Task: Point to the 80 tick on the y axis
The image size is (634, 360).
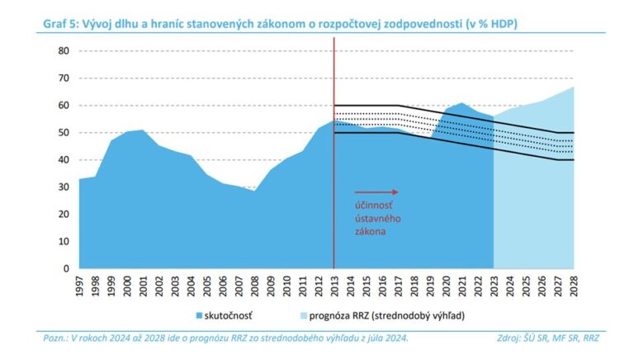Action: click(x=63, y=51)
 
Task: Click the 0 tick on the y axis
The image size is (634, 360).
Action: click(x=66, y=268)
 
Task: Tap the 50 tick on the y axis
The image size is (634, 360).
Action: click(x=63, y=132)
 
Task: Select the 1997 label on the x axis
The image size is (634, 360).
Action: click(x=80, y=286)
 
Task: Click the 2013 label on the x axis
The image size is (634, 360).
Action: click(x=334, y=286)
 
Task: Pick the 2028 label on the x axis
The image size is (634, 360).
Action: click(x=573, y=286)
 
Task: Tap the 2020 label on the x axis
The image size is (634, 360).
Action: click(x=446, y=286)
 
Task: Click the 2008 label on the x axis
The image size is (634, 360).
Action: click(x=255, y=286)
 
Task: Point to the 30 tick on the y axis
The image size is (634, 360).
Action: click(x=63, y=187)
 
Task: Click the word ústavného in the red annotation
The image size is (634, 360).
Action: click(x=367, y=219)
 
